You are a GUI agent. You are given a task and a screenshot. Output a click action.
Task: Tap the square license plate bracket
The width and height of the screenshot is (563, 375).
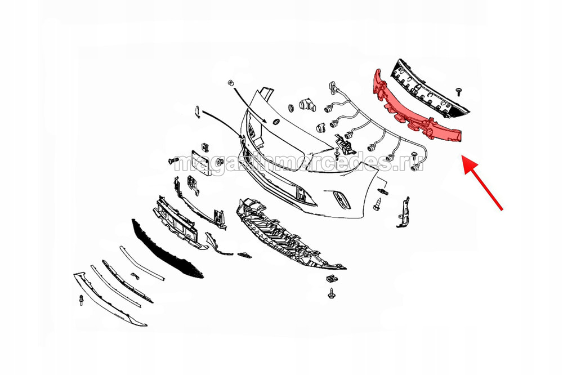(200, 163)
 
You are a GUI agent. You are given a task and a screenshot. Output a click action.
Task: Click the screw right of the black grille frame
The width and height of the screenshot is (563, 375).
(458, 91)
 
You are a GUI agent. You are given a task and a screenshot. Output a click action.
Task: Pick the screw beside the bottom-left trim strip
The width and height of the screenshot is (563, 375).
(81, 300)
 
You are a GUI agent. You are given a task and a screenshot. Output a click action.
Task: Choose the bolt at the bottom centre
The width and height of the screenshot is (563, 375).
(330, 293)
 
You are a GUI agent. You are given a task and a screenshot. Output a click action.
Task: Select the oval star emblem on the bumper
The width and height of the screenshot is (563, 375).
(276, 122)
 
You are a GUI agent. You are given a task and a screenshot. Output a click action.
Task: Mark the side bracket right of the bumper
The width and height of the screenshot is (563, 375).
(404, 212)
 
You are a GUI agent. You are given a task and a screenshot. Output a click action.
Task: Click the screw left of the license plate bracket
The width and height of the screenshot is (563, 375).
(173, 160)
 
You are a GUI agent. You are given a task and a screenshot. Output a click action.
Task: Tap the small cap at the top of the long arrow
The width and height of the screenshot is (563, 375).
(230, 83)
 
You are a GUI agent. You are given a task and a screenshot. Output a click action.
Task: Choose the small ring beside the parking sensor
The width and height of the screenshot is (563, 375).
(291, 108)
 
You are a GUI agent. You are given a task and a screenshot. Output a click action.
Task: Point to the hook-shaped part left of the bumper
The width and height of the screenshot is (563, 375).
(198, 111)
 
